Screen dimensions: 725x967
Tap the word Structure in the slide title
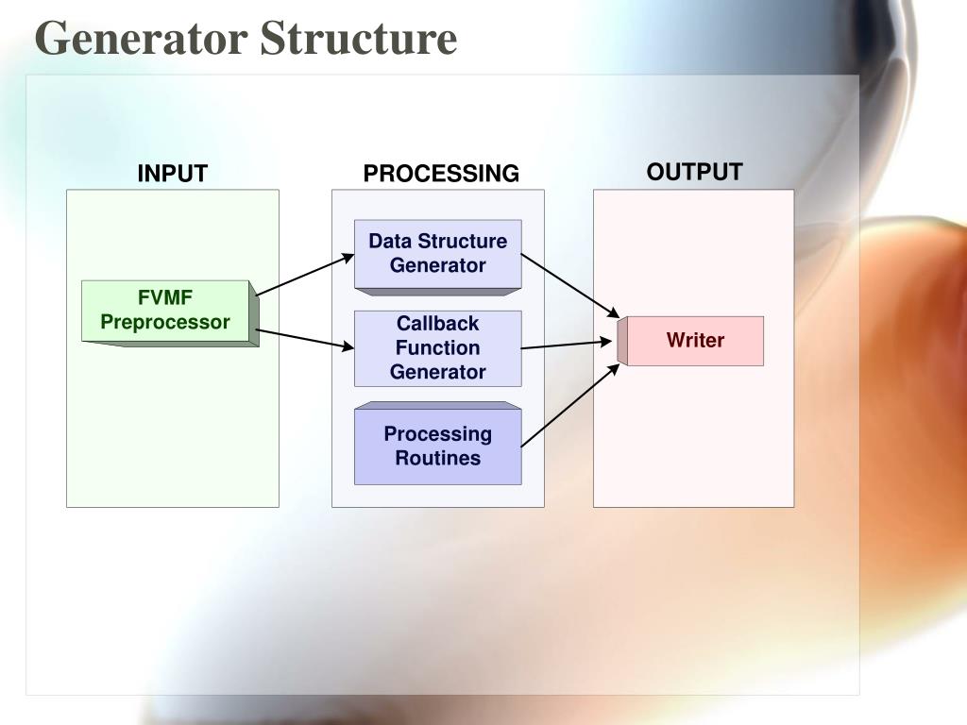(358, 40)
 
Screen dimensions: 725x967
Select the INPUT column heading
(172, 174)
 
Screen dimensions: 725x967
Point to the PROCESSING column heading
(441, 174)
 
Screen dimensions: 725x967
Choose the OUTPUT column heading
(694, 172)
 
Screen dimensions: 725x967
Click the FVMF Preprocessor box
(166, 311)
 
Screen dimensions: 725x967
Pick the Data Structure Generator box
(437, 253)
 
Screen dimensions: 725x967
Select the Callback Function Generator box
(437, 347)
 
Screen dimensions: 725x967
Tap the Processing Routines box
(437, 446)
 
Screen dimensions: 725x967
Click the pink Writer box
(695, 341)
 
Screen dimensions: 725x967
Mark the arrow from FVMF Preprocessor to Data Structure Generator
(304, 275)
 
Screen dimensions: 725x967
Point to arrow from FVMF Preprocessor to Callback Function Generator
(304, 339)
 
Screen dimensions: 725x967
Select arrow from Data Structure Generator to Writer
(569, 285)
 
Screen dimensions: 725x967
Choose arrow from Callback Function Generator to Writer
(567, 345)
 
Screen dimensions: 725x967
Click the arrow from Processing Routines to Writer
(569, 405)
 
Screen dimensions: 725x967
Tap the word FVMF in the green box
(165, 298)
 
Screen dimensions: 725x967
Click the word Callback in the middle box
(437, 324)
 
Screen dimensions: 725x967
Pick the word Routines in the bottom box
(437, 459)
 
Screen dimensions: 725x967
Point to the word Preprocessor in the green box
(165, 322)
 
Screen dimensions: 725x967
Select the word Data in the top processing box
(388, 241)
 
